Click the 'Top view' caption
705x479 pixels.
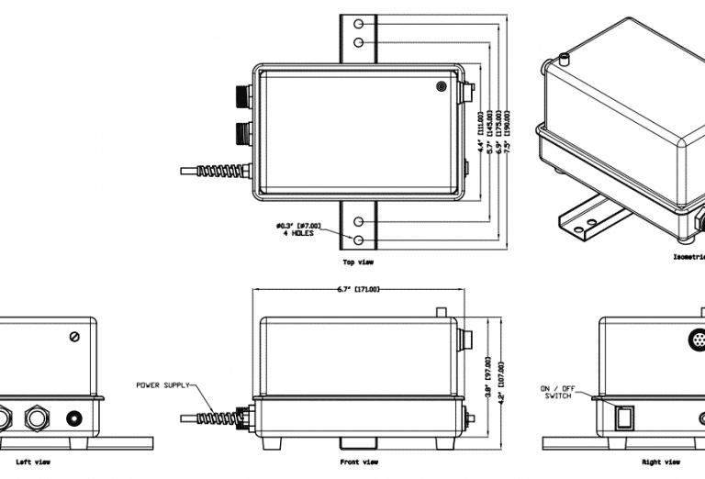[x=358, y=262]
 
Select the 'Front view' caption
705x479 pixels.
[x=359, y=462]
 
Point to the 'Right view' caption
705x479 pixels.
[x=661, y=462]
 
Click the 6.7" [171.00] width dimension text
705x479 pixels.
[x=358, y=290]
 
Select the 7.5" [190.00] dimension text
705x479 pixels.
[x=508, y=135]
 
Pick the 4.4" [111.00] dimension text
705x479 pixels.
[x=480, y=135]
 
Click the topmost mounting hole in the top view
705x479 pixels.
[x=359, y=23]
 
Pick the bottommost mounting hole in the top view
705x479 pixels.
[x=359, y=240]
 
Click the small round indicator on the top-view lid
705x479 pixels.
[x=442, y=86]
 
